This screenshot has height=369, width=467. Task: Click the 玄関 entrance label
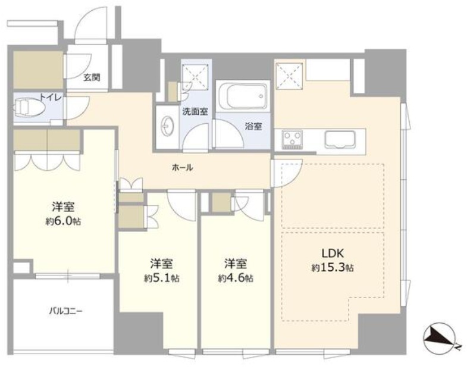(92, 77)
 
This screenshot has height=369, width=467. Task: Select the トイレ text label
(51, 97)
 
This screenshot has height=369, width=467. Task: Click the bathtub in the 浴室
(243, 96)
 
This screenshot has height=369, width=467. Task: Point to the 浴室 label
(253, 126)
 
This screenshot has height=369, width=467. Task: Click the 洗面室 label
(195, 112)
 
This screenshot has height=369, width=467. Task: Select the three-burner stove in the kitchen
(293, 139)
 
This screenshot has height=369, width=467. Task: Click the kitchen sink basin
(340, 139)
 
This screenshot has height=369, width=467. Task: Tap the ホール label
(182, 167)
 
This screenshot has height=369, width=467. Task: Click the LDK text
(333, 254)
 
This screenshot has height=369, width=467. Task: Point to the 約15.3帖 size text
(333, 268)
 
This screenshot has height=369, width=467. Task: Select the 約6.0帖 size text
(63, 221)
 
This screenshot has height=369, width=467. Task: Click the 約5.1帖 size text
(161, 278)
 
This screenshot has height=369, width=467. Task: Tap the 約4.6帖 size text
(236, 278)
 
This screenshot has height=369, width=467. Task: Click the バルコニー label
(65, 312)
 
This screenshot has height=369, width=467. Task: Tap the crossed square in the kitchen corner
(290, 76)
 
